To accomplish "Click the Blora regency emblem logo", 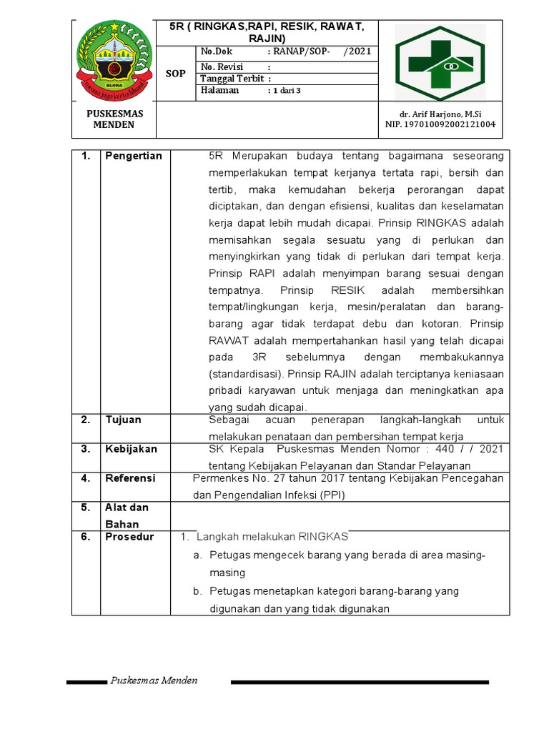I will coord(114,60).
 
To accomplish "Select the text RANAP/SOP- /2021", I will coord(320,51).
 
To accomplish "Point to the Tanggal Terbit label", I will coord(232,79).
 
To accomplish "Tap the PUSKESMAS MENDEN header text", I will coord(114,119).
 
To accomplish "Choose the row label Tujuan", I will coord(123,420).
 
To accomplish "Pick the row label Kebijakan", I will coord(131,449).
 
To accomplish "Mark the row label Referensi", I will coord(131,478).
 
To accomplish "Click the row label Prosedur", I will coord(129,537).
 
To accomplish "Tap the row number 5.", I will coord(85,508).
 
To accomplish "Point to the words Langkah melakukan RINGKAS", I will coord(272,537).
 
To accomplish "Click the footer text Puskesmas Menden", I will coord(154,681).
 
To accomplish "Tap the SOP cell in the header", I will coord(176,73).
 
